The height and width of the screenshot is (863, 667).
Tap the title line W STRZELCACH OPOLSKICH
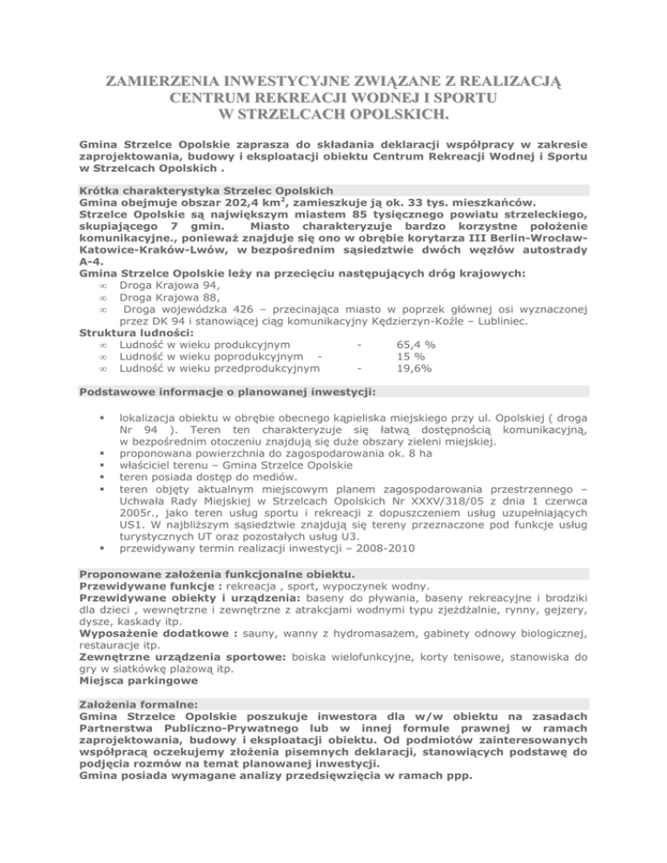point(333,113)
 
